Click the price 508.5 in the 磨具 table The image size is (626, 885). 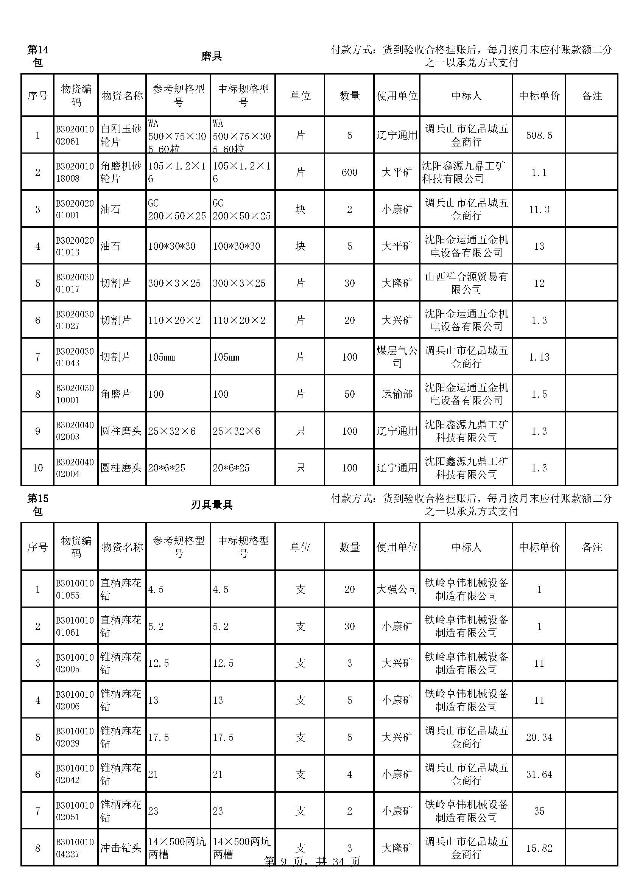pyautogui.click(x=539, y=135)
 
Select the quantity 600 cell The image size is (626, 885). pyautogui.click(x=349, y=172)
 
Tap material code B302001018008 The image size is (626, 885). pyautogui.click(x=75, y=172)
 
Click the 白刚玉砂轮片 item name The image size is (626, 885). pyautogui.click(x=121, y=135)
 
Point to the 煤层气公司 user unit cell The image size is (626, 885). pyautogui.click(x=397, y=357)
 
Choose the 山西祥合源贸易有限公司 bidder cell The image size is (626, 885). pyautogui.click(x=466, y=283)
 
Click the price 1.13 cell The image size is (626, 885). pyautogui.click(x=539, y=357)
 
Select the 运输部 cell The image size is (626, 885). pyautogui.click(x=397, y=394)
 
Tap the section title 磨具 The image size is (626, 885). pyautogui.click(x=212, y=56)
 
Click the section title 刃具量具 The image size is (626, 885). pyautogui.click(x=212, y=505)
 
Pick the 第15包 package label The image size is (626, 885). pyautogui.click(x=37, y=505)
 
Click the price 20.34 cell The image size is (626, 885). pyautogui.click(x=539, y=737)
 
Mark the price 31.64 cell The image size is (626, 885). pyautogui.click(x=539, y=775)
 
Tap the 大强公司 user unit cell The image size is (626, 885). pyautogui.click(x=397, y=589)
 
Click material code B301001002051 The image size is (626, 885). pyautogui.click(x=75, y=811)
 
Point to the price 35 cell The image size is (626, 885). pyautogui.click(x=539, y=811)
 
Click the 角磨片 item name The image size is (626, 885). pyautogui.click(x=116, y=394)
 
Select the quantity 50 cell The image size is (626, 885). pyautogui.click(x=349, y=394)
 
